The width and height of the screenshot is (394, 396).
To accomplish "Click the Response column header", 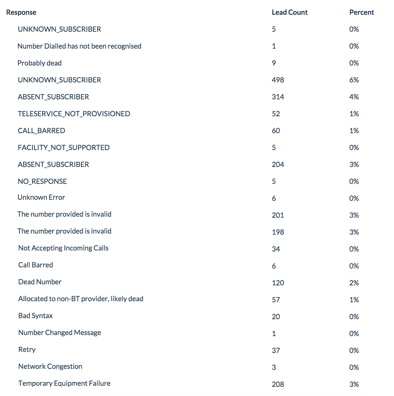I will tap(21, 12).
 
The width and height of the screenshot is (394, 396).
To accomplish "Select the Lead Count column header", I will tap(290, 12).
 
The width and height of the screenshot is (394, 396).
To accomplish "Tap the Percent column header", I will tap(362, 12).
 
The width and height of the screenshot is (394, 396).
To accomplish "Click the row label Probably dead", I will tap(39, 63).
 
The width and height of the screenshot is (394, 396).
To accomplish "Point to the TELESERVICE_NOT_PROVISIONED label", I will tap(74, 114).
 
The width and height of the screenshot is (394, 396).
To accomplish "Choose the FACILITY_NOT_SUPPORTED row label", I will tap(63, 148).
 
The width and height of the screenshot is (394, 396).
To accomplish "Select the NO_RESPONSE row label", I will tap(42, 181).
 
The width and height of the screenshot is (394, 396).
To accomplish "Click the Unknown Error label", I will tap(41, 197).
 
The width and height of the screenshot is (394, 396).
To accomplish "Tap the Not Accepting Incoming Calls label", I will tap(63, 248).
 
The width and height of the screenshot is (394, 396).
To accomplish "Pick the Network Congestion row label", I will tap(50, 366).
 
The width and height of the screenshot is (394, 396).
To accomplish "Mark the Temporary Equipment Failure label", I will tap(64, 383).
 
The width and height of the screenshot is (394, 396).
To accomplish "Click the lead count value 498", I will tap(278, 80).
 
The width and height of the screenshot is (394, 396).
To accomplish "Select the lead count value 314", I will tap(278, 97).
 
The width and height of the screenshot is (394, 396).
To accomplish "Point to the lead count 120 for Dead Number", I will tap(278, 283).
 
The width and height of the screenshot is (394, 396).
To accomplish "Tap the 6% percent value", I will tap(354, 80).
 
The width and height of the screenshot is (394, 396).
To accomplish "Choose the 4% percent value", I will tap(354, 97).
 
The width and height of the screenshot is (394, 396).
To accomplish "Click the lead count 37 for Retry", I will tap(276, 351).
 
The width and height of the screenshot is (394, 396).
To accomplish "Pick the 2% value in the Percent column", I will tap(354, 283).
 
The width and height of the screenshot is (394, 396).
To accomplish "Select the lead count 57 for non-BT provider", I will tap(276, 300).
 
